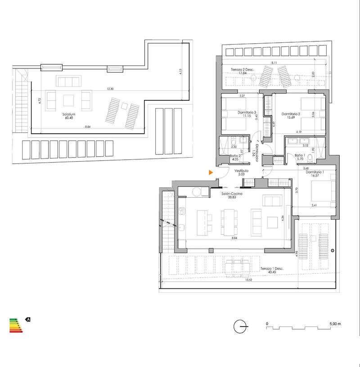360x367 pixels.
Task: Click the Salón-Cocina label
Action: (232, 194)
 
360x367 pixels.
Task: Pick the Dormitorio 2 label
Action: (291, 114)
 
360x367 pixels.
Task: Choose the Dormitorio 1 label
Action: (314, 172)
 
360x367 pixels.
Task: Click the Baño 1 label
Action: (300, 155)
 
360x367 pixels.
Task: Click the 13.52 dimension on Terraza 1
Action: (248, 280)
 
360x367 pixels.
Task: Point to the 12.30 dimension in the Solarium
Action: (110, 89)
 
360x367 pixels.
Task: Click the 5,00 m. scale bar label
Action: (336, 324)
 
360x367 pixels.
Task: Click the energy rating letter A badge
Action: (28, 319)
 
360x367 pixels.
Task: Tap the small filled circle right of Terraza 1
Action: (332, 250)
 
